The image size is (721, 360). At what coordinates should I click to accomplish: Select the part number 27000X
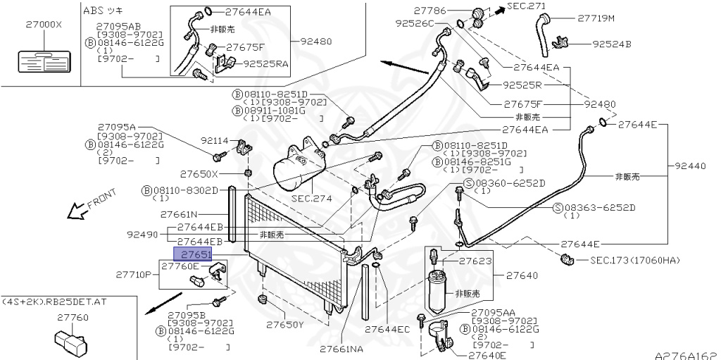tap(44, 24)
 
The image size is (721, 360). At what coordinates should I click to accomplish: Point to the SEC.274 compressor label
tap(311, 199)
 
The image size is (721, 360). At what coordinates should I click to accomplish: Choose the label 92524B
tap(611, 44)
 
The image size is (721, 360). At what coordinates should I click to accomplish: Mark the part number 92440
tap(691, 166)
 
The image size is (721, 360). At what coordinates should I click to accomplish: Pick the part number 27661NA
tap(341, 349)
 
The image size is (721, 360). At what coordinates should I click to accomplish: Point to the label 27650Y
tap(284, 325)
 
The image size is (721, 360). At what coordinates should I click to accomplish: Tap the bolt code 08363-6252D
tap(603, 208)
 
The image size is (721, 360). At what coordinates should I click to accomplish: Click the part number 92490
tap(142, 234)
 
